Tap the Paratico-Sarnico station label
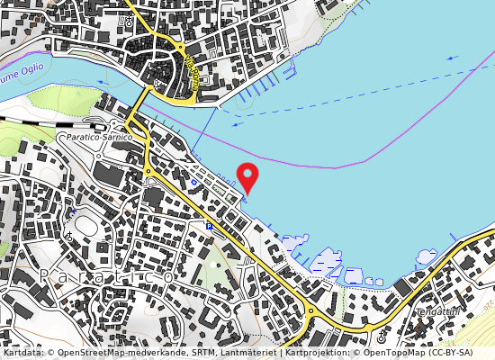point(94,137)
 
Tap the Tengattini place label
point(437,310)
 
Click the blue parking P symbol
point(209,225)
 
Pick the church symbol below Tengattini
point(382,338)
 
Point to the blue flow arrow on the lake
point(452,58)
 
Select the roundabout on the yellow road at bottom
point(311,314)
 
